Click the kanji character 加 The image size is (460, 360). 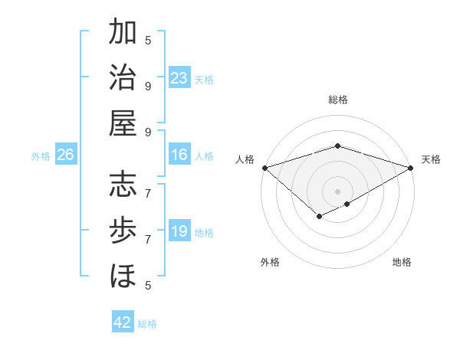click(123, 33)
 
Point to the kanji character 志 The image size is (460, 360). click(123, 186)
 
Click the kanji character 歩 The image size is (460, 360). click(123, 230)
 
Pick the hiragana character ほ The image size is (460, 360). click(123, 273)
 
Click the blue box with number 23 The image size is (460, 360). click(179, 78)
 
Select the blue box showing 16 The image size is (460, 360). click(179, 155)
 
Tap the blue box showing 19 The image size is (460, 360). click(179, 231)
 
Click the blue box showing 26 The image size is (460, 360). click(65, 155)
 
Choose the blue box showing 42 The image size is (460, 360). click(123, 322)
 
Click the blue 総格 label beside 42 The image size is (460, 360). click(147, 324)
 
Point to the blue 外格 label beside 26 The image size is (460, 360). click(41, 156)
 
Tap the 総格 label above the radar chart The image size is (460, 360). click(338, 100)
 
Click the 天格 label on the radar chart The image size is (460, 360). click(431, 159)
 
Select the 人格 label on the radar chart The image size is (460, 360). click(245, 159)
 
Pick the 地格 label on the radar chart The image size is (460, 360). click(402, 262)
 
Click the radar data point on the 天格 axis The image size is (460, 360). click(411, 168)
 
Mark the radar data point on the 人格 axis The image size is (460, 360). click(264, 168)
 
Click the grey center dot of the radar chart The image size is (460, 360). click(338, 191)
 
